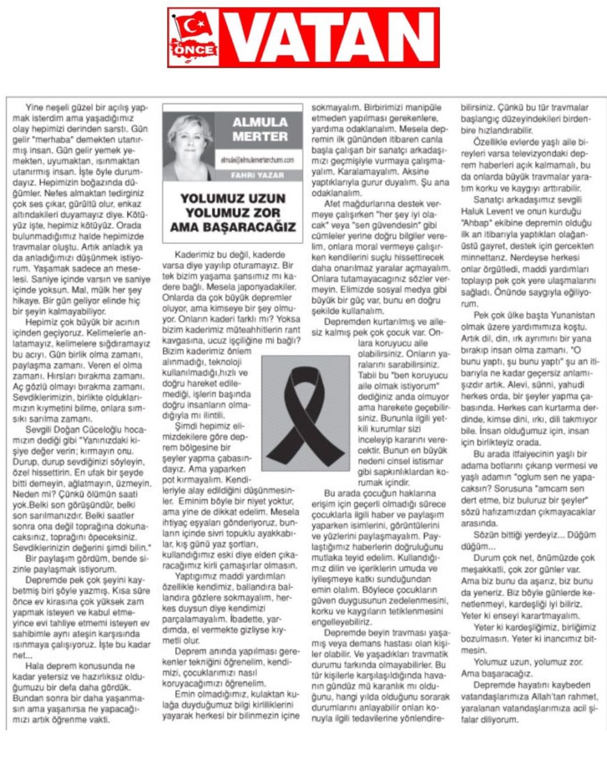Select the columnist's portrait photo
[190, 146]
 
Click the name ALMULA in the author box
[261, 121]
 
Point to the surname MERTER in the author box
[261, 137]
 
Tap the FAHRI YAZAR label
[259, 175]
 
